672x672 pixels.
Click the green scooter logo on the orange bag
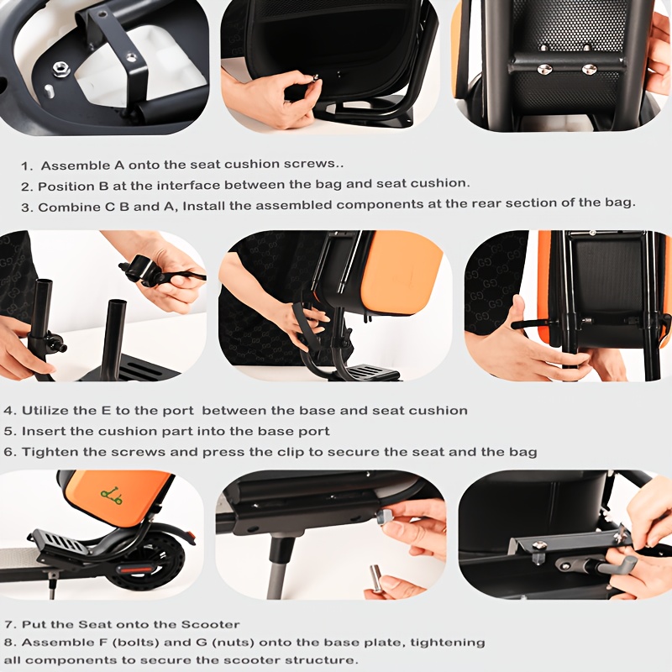pyautogui.click(x=112, y=496)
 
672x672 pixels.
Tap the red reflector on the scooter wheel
pyautogui.click(x=135, y=570)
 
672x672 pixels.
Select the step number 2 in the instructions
pyautogui.click(x=27, y=186)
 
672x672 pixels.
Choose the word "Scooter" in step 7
pyautogui.click(x=210, y=624)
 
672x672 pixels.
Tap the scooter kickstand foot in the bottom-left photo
pyautogui.click(x=52, y=595)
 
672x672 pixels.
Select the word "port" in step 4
pyautogui.click(x=178, y=411)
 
